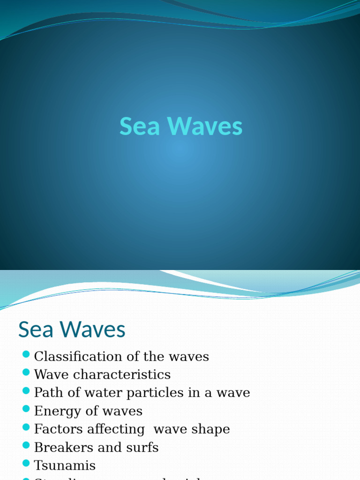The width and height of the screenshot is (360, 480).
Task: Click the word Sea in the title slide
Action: click(x=140, y=127)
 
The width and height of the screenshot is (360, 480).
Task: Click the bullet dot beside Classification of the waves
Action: click(x=26, y=354)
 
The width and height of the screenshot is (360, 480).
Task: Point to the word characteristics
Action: click(x=122, y=375)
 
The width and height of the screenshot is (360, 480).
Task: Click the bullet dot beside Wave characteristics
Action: click(x=26, y=372)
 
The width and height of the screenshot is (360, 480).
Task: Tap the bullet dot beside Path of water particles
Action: click(x=26, y=390)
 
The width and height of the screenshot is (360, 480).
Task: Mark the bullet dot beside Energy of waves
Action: click(x=26, y=409)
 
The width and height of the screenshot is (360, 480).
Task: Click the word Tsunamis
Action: click(x=65, y=466)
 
